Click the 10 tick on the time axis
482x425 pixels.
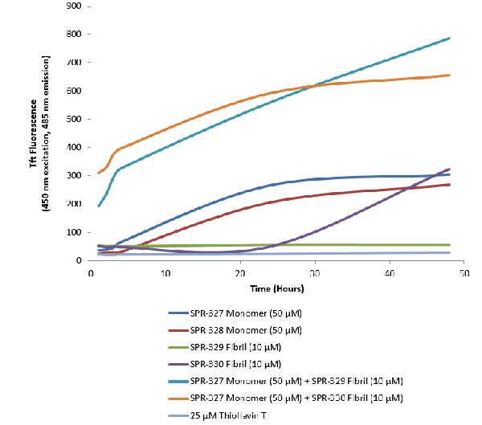[165, 273]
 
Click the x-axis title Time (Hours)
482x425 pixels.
[277, 288]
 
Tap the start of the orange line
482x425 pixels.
[98, 173]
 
